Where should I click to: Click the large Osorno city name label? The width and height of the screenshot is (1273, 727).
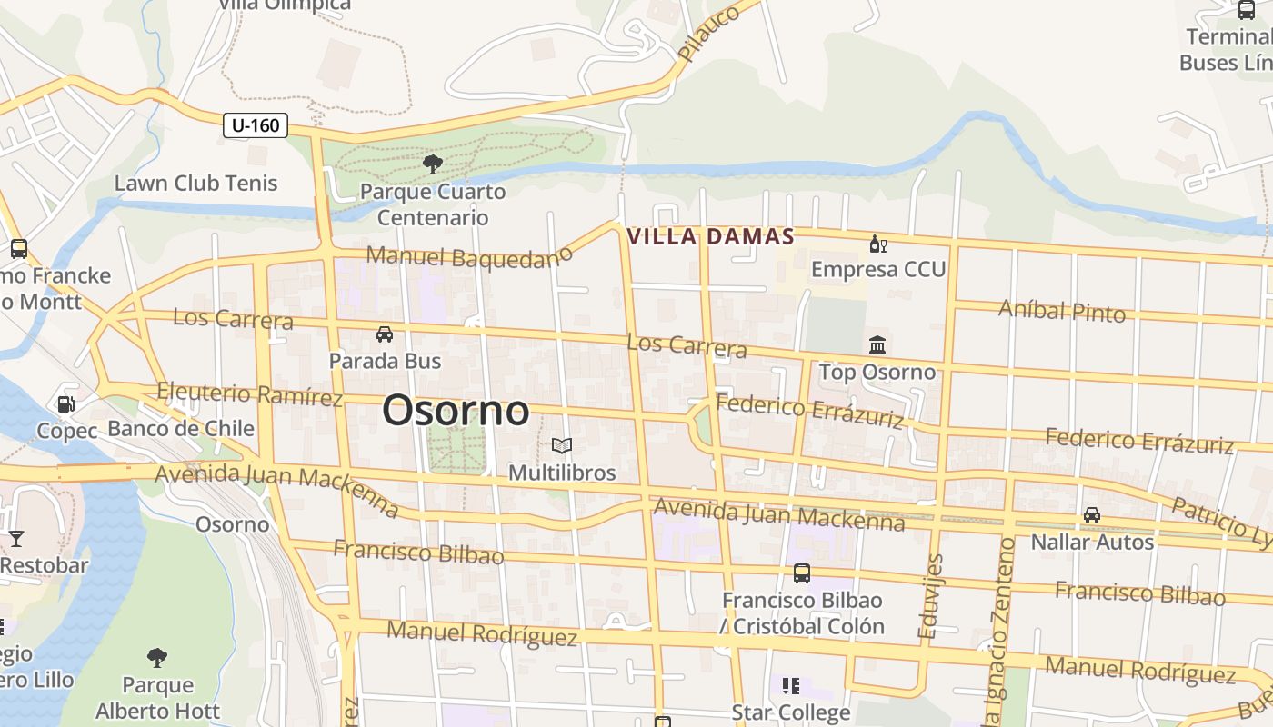(456, 411)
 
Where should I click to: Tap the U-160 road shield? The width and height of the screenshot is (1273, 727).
(256, 125)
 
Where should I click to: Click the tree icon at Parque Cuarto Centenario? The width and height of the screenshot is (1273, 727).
(433, 164)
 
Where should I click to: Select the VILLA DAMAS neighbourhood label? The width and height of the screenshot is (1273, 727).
(711, 237)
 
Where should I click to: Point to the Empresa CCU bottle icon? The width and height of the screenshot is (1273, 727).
(877, 244)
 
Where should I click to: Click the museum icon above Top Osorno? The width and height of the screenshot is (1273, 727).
(877, 345)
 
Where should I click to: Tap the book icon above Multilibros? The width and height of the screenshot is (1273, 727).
(562, 445)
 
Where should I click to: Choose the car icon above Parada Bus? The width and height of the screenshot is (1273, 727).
(385, 334)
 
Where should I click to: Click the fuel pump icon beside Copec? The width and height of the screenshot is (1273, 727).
(65, 403)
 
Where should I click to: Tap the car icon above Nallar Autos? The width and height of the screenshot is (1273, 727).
(1092, 515)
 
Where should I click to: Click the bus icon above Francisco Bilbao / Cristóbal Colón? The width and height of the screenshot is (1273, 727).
(801, 573)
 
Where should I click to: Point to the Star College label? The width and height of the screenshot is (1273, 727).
(791, 712)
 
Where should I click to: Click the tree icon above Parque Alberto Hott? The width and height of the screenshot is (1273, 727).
(157, 657)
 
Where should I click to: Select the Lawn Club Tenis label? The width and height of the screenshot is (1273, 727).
(195, 183)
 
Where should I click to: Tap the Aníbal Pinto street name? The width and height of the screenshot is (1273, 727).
(1062, 311)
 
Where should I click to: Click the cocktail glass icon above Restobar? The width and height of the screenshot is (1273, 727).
(15, 539)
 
